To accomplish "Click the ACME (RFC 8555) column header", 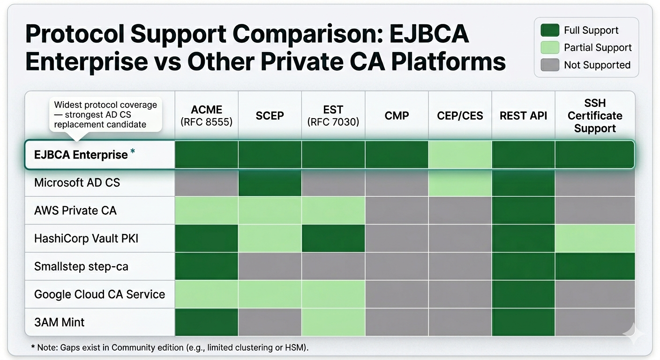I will (206, 115).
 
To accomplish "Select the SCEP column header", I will (270, 115).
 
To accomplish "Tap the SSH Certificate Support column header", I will (595, 115).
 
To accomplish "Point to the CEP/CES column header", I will (460, 115).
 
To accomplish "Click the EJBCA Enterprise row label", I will (81, 154).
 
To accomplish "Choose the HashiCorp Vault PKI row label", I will (86, 239).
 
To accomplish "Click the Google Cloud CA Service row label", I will (99, 294).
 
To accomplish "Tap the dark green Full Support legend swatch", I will (550, 30).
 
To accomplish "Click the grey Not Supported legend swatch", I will (550, 65).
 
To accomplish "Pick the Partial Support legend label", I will (598, 47).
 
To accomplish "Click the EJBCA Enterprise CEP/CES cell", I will (460, 154).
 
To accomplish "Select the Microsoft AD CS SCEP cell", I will (270, 182).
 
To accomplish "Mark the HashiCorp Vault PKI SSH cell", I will (595, 239).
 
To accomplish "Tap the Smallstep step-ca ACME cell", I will (206, 266).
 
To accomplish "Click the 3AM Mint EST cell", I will (333, 322).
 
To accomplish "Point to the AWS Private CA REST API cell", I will (523, 210).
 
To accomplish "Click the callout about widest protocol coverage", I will (105, 114).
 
